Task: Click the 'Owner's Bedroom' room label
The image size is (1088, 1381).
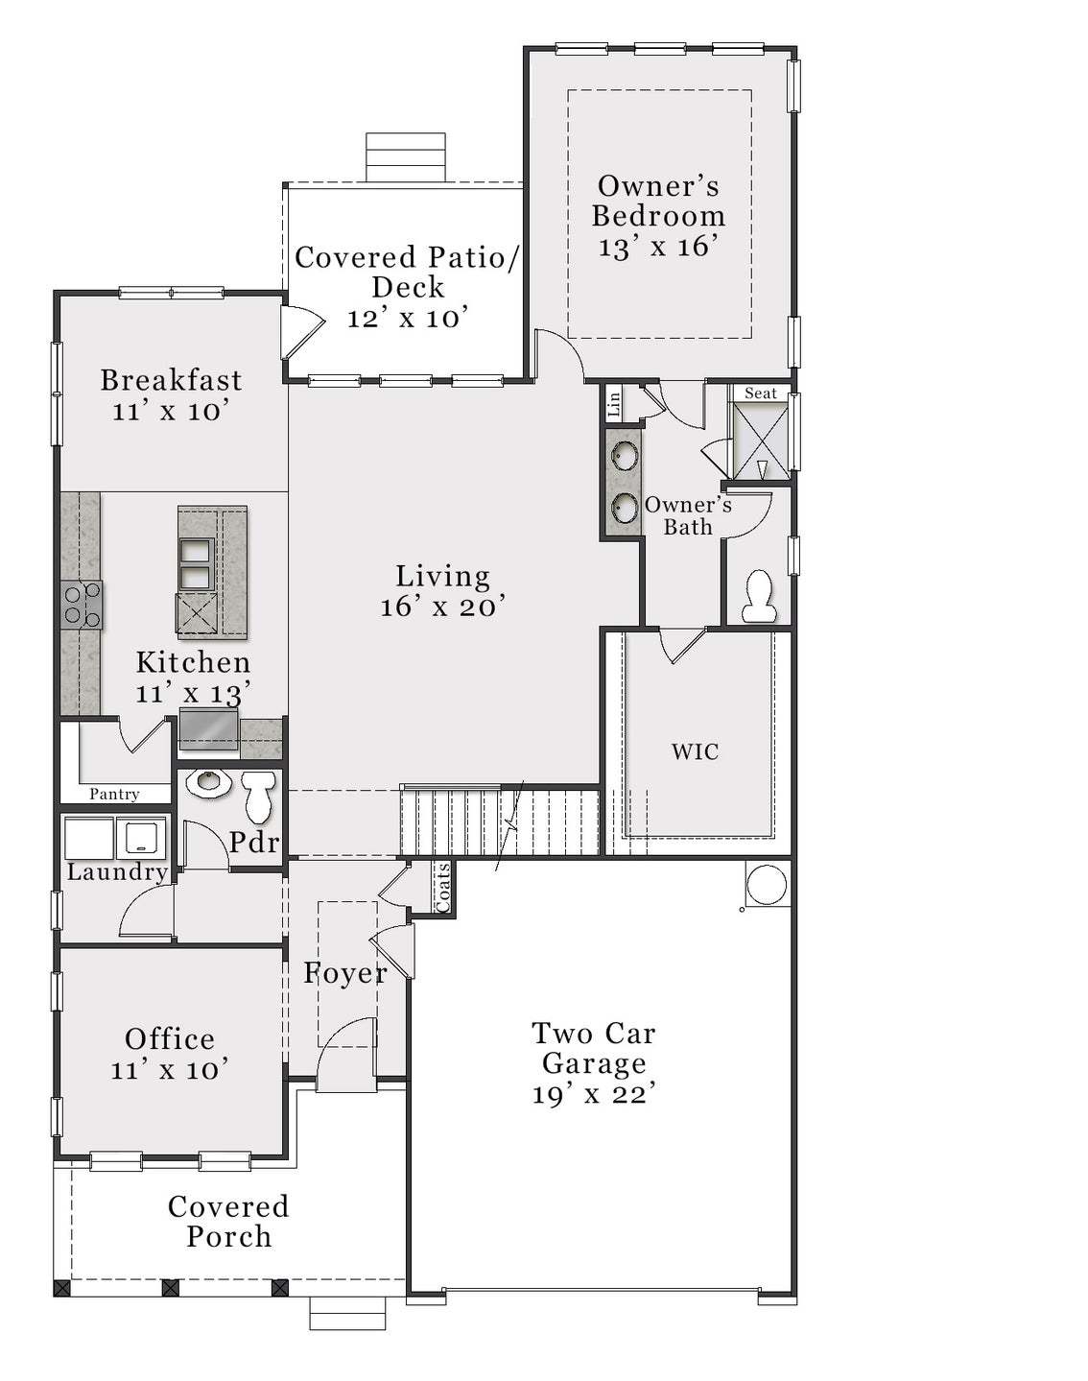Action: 658,201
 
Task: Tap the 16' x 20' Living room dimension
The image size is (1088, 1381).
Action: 442,607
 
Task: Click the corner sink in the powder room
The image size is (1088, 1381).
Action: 207,783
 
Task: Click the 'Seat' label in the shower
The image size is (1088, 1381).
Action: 761,393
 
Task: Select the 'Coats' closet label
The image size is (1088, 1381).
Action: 443,887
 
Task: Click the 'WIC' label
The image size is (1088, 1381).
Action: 695,751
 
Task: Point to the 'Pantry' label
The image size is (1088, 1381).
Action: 114,794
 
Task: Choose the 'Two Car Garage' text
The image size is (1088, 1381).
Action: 594,1048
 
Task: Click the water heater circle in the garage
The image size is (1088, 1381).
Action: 766,885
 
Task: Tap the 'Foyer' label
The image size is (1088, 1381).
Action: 345,973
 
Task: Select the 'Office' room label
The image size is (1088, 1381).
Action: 170,1038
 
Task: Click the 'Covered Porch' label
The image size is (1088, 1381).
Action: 228,1221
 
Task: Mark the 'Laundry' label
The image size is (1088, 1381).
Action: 117,871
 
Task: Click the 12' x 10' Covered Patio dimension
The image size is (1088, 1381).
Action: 408,318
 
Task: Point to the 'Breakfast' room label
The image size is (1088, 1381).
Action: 171,380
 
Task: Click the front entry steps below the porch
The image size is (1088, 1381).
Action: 347,1314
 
